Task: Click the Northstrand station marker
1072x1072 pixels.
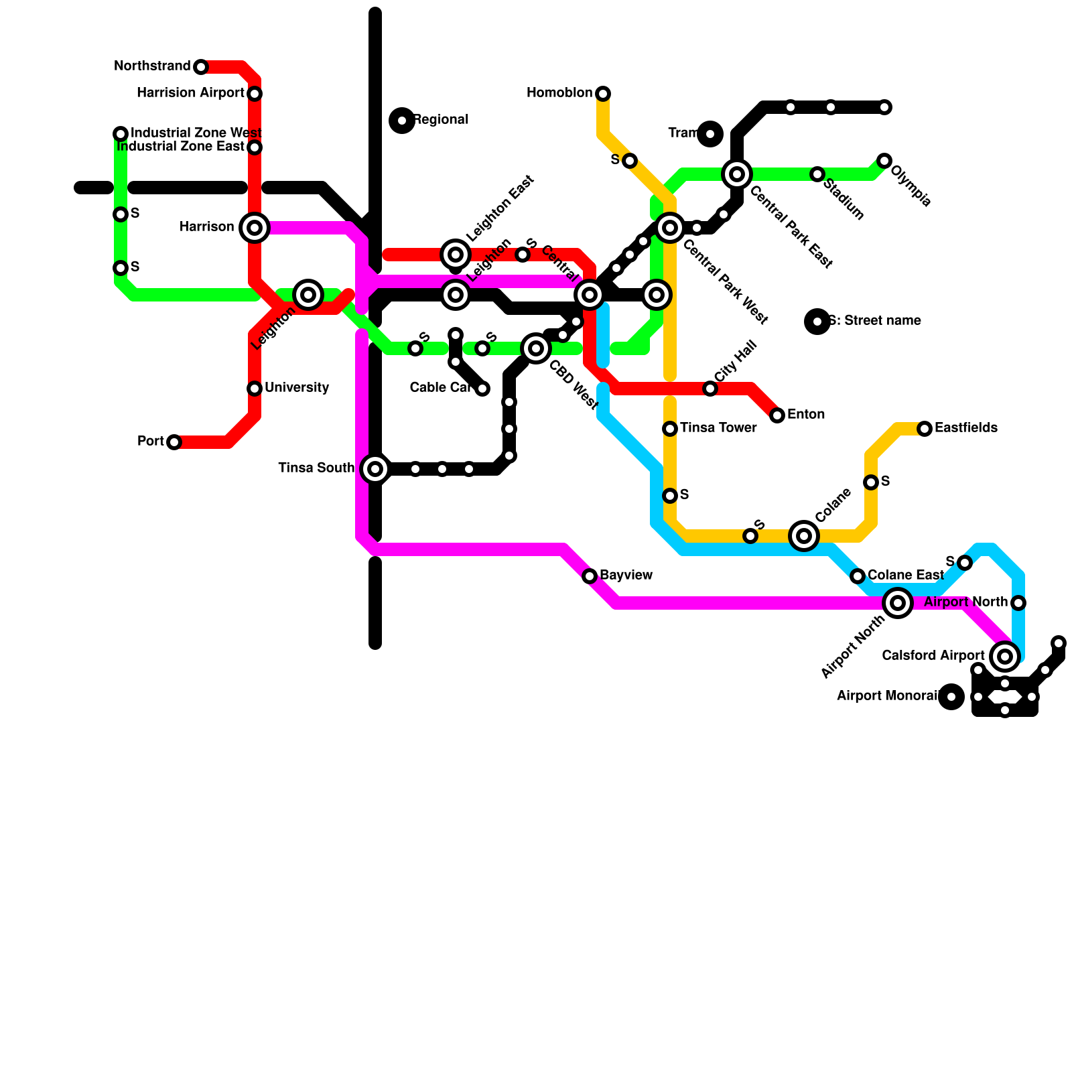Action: tap(201, 67)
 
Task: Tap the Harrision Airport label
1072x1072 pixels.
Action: tap(190, 93)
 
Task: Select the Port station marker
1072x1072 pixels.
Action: tap(174, 442)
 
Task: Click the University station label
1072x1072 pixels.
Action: tap(297, 388)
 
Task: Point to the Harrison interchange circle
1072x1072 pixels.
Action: tap(255, 228)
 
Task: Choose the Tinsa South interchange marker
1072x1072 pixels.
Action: tap(375, 469)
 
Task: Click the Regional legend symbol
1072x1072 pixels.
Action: tap(402, 121)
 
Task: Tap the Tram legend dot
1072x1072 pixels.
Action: tap(710, 134)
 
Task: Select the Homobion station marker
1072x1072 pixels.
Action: tap(603, 93)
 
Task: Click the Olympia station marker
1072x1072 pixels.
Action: tap(884, 161)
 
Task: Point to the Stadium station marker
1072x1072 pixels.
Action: tap(817, 175)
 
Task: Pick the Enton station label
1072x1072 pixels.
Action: tap(806, 415)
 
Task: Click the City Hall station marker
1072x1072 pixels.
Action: tap(710, 389)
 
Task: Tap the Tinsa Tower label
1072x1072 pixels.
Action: tap(718, 428)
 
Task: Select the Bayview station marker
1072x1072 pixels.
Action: tap(590, 576)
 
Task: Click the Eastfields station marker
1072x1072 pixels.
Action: tap(925, 429)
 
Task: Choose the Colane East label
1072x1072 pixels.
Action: tap(906, 576)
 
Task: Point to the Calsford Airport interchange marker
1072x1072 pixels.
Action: tap(1005, 657)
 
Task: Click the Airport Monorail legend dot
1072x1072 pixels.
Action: tap(951, 697)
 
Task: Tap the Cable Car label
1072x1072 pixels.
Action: tap(440, 388)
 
